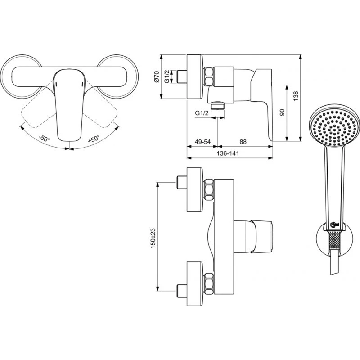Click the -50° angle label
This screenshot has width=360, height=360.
click(45, 138)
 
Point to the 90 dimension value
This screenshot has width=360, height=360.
click(282, 112)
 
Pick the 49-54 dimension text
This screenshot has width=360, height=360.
click(202, 142)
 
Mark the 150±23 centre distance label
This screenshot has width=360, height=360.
click(153, 238)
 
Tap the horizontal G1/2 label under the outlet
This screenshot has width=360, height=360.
click(202, 113)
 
